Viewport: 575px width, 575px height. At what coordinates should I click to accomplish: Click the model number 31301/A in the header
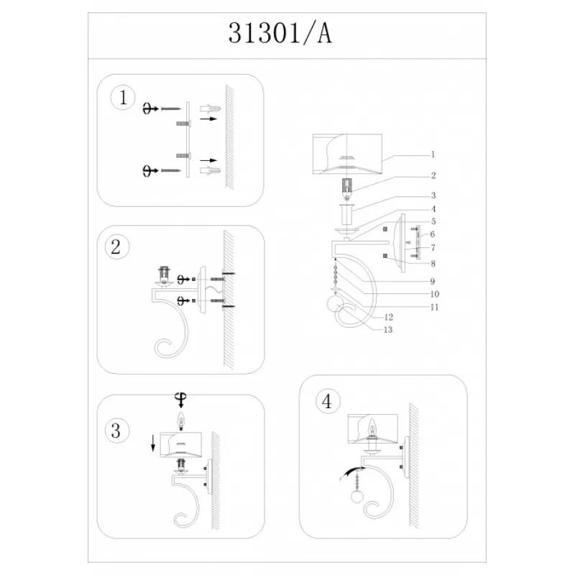[280, 33]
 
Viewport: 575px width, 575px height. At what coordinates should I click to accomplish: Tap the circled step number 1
[123, 98]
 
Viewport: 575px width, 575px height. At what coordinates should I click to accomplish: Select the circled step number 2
[116, 247]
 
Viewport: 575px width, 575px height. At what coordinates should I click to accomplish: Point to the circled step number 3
[116, 431]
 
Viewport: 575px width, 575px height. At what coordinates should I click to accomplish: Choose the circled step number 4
[327, 401]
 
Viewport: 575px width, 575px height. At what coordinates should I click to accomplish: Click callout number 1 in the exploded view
[433, 155]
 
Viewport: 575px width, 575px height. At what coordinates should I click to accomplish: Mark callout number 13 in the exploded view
[388, 330]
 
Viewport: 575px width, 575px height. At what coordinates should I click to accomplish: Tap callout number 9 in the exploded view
[433, 281]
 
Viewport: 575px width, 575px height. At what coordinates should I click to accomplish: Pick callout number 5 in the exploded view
[433, 221]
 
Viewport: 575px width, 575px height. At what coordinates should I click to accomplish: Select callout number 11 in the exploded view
[434, 307]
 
